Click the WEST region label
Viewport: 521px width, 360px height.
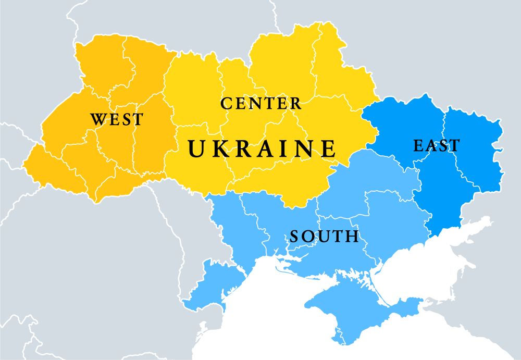[117, 119]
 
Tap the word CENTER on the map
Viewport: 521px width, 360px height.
[261, 103]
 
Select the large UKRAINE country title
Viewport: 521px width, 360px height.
[262, 148]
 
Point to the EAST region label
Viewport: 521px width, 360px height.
[437, 145]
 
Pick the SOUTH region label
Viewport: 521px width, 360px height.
[324, 237]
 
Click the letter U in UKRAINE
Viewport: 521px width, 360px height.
[197, 148]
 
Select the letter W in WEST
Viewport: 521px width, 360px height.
[98, 119]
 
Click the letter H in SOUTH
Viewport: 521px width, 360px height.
[352, 237]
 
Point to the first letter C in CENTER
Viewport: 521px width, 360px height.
[226, 103]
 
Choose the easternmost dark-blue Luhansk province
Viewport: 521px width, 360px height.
[472, 146]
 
